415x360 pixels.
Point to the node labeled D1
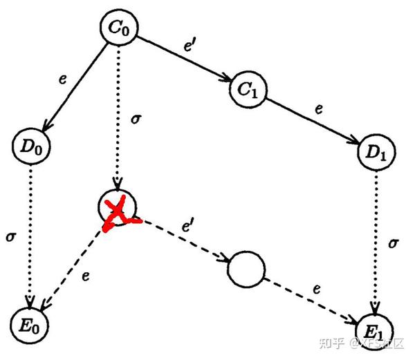[376, 153]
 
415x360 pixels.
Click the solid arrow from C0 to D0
[73, 87]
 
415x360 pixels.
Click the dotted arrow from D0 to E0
[30, 235]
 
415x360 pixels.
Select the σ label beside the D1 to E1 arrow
[393, 243]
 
